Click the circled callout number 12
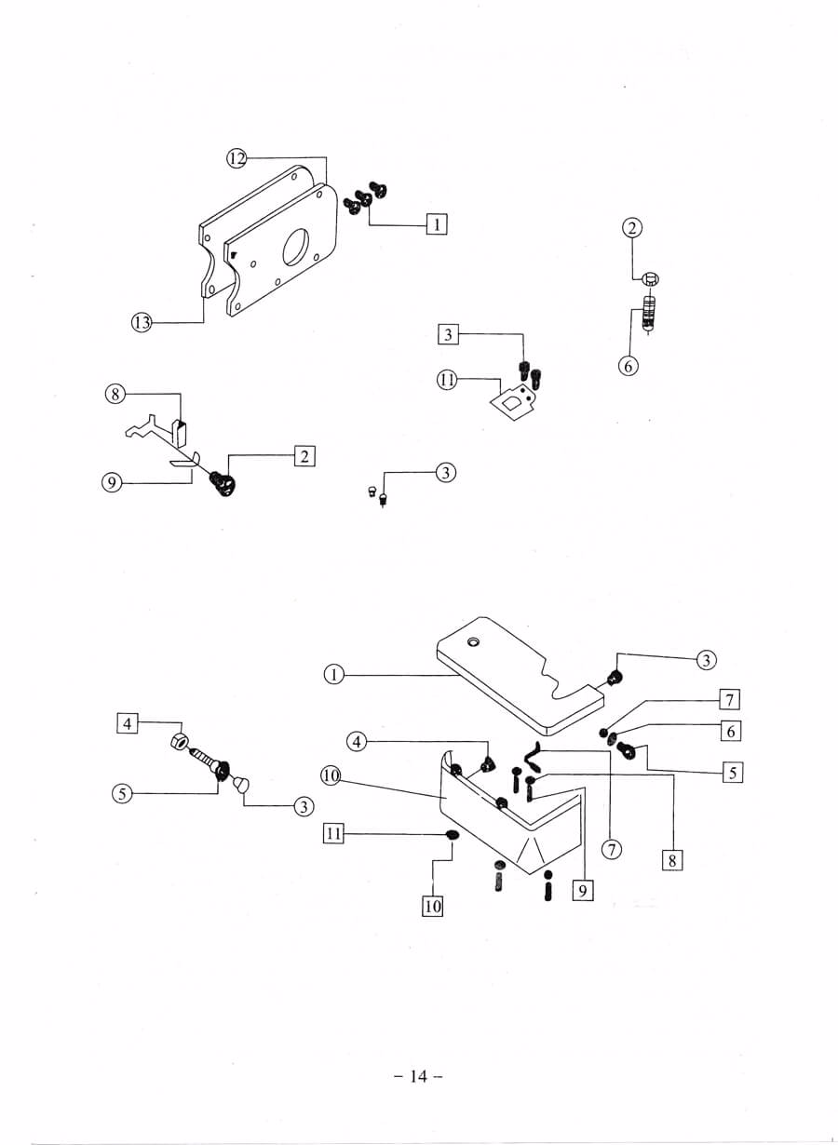(x=237, y=159)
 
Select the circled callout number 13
(x=142, y=322)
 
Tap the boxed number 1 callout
(x=437, y=224)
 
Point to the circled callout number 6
(x=628, y=366)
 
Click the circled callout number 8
(x=115, y=394)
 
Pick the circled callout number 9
(x=112, y=482)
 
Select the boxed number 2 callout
(x=304, y=456)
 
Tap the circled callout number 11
(x=447, y=380)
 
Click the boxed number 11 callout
(x=333, y=834)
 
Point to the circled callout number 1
(x=334, y=675)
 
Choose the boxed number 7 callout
(x=730, y=700)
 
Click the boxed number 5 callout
(x=733, y=773)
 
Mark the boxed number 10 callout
(x=433, y=907)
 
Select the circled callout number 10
(x=331, y=776)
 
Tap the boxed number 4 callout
(x=128, y=724)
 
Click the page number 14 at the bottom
(x=418, y=1076)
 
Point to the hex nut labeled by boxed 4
(x=180, y=741)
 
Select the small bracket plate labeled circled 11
(x=514, y=400)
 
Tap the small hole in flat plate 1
(x=474, y=641)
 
